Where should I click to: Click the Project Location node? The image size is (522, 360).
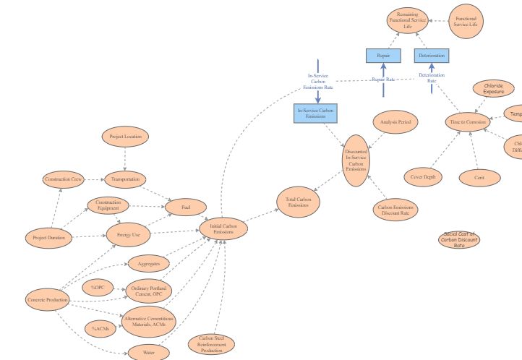tap(125, 136)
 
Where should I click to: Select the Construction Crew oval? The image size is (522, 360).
tap(64, 179)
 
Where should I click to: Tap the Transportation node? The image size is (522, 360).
tap(126, 179)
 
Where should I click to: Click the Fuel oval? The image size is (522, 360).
tap(186, 207)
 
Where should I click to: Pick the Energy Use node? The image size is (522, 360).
tap(128, 233)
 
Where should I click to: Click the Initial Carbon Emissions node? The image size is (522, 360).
tap(223, 228)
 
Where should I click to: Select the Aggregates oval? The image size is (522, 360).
tap(148, 264)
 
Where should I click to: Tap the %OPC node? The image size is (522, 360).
tap(98, 287)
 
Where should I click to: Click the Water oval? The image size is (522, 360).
tap(148, 353)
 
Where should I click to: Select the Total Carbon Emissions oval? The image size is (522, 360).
tap(299, 202)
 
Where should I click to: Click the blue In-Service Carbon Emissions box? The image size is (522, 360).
tap(316, 113)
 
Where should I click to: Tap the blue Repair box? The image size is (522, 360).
tap(383, 55)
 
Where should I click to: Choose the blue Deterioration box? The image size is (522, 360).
tap(432, 55)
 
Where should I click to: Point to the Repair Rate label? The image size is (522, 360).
tap(383, 80)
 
